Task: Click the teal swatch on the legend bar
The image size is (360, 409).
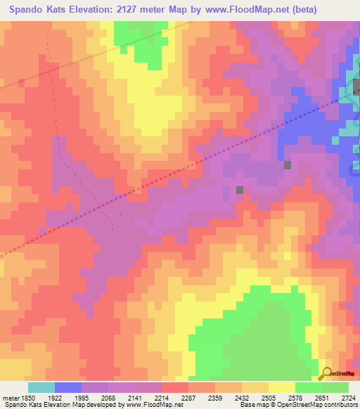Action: [41, 387]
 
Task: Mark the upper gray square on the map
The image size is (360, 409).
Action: [287, 165]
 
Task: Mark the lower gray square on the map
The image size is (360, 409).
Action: [240, 190]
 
